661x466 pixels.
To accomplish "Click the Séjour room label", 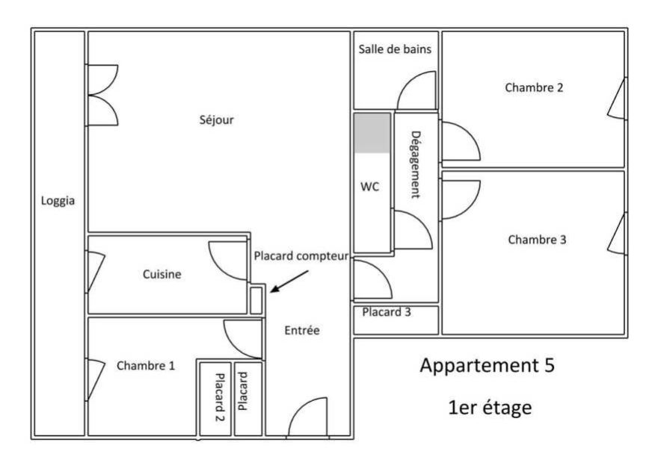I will click(x=216, y=119).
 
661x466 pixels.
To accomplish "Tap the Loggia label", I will click(x=58, y=200).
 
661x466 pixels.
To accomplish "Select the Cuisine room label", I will click(x=162, y=274).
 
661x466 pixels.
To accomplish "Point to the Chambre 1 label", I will click(x=146, y=365).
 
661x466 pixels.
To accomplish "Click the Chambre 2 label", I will click(x=534, y=87).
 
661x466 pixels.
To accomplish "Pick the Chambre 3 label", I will click(x=537, y=240).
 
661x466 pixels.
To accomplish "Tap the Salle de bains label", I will click(x=395, y=49).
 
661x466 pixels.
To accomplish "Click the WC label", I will click(x=370, y=187).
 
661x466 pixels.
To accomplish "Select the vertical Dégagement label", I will click(x=415, y=164).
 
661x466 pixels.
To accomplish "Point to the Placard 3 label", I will click(x=387, y=312).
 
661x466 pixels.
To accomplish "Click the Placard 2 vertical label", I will click(x=220, y=397).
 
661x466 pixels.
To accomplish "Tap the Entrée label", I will click(x=303, y=330).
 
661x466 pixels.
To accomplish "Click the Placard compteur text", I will click(x=301, y=256).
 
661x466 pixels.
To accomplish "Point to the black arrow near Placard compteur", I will click(x=289, y=282).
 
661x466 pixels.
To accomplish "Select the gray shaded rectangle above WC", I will click(x=372, y=133).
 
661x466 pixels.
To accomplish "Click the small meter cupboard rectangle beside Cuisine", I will click(x=256, y=299).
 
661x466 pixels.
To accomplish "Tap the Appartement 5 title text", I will click(x=487, y=367).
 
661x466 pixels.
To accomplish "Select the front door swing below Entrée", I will click(x=307, y=418).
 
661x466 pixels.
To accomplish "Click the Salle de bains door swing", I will click(x=417, y=91).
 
